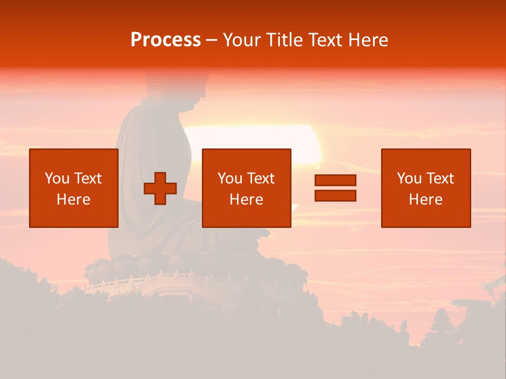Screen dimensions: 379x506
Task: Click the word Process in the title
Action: point(166,40)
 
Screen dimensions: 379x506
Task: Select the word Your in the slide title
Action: point(242,40)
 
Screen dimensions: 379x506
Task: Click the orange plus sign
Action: point(160,188)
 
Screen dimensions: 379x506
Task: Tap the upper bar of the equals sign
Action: point(335,180)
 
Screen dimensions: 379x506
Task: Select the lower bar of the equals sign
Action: point(335,195)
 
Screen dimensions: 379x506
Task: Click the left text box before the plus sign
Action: point(74,188)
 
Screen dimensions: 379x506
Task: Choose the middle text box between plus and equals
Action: point(247,188)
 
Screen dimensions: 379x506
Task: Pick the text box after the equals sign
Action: point(426,188)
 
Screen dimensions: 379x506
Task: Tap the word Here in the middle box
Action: point(247,200)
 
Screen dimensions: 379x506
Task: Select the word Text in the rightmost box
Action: point(440,178)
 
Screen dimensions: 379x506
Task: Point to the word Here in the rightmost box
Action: point(426,200)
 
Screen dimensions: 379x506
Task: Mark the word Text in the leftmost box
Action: point(87,178)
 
